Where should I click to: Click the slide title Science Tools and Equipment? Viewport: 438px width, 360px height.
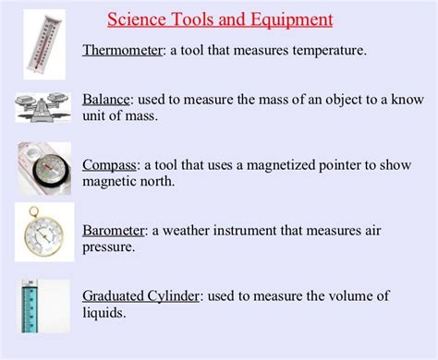pos(220,18)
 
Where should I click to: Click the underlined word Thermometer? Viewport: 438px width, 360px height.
pos(122,51)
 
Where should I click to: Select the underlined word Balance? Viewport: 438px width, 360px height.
pos(106,99)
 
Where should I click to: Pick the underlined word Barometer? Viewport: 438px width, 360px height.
pos(114,230)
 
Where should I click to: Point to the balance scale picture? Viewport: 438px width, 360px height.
pos(42,107)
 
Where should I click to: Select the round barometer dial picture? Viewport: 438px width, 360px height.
pos(41,234)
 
